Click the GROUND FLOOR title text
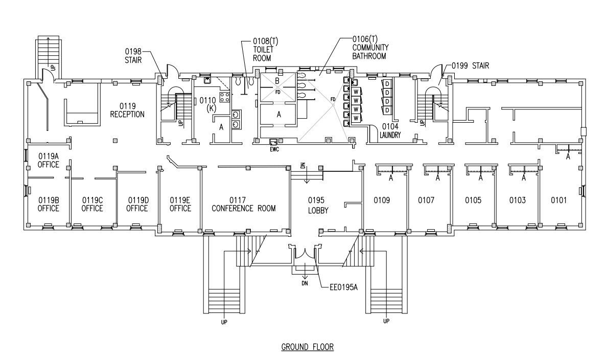[307, 347]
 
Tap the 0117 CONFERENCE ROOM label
[244, 204]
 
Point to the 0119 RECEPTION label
[127, 110]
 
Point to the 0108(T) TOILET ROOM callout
[265, 50]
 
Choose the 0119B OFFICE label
[48, 204]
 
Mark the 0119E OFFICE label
[180, 204]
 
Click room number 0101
[558, 200]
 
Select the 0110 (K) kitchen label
[209, 104]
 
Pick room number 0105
[473, 200]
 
